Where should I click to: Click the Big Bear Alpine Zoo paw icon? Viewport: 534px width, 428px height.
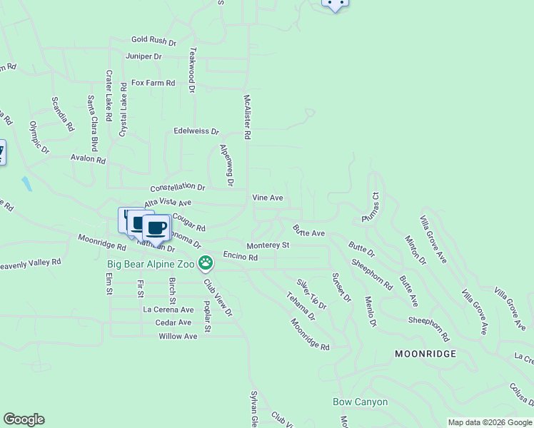[206, 264]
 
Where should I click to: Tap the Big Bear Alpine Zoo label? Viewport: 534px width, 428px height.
[151, 264]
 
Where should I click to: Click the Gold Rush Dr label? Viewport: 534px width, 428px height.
[153, 41]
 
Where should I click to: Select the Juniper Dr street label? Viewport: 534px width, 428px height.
[143, 56]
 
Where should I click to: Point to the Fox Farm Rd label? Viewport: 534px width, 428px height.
[153, 83]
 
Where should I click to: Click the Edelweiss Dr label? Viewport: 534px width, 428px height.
[196, 131]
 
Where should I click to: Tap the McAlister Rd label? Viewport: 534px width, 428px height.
[247, 117]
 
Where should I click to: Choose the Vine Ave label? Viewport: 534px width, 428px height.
[268, 198]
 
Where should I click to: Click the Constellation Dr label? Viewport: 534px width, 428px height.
[178, 186]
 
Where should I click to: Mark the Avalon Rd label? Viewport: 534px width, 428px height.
[88, 158]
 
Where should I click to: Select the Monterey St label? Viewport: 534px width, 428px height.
[268, 245]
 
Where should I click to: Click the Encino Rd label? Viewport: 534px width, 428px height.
[240, 255]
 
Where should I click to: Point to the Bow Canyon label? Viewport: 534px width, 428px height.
[360, 402]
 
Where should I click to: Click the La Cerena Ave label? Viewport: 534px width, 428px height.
[168, 310]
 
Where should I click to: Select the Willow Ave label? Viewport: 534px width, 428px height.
[178, 336]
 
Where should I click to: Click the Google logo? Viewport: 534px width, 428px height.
[24, 419]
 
